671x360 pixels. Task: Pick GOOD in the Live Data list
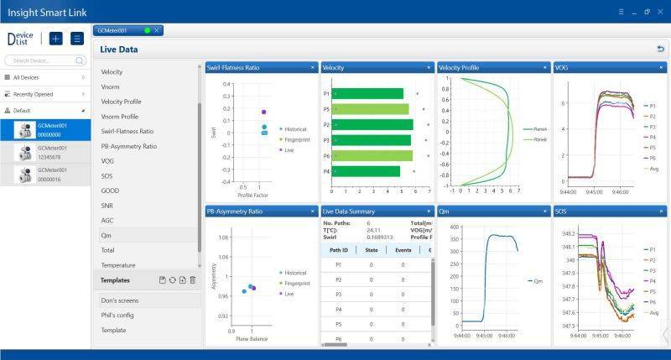(x=110, y=190)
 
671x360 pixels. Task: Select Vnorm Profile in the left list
(x=119, y=116)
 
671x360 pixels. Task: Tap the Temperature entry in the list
(x=117, y=265)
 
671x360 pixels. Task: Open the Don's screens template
(x=120, y=300)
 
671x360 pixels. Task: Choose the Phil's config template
(x=117, y=315)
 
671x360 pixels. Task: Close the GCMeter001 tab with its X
(x=156, y=30)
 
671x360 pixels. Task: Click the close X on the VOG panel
(x=661, y=67)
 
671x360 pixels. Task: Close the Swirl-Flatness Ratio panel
(x=312, y=67)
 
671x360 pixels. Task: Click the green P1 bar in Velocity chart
(x=368, y=93)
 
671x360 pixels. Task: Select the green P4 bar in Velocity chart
(x=367, y=171)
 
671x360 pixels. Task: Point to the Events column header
(x=403, y=249)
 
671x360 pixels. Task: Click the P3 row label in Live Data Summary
(x=338, y=294)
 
